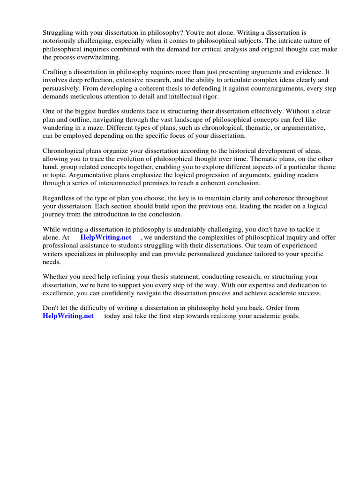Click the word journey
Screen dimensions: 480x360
54,214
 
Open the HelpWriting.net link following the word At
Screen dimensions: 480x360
105,237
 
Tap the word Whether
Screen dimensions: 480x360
56,277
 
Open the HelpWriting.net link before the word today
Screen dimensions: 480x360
68,316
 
